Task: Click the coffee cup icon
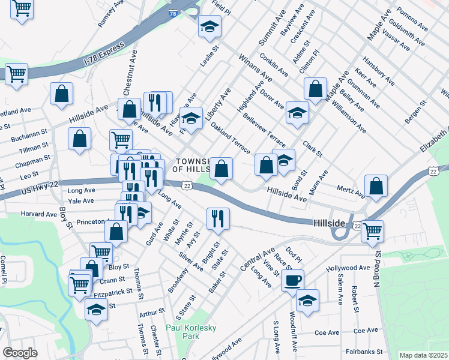[x=292, y=280]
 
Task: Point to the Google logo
[x=19, y=353]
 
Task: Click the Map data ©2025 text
[x=423, y=355]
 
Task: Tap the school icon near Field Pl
[x=209, y=26]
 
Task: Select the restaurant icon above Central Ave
[x=217, y=218]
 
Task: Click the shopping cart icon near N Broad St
[x=373, y=230]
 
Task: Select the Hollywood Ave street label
[x=349, y=268]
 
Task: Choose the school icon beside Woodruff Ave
[x=307, y=301]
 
